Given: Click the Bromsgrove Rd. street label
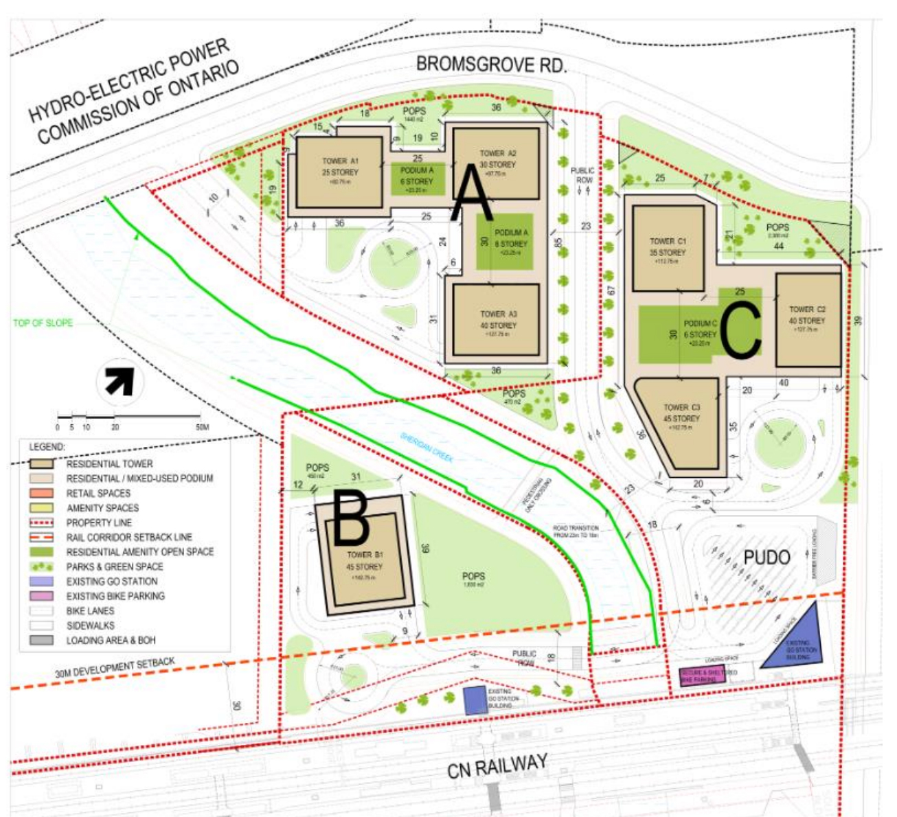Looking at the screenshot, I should click(x=491, y=65).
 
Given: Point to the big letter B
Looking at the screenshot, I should click(x=352, y=519).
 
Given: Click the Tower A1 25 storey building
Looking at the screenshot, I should click(x=339, y=172).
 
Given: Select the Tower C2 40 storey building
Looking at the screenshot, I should click(x=808, y=319).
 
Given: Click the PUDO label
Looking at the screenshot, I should click(x=767, y=557).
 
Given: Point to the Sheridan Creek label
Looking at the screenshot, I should click(x=427, y=447).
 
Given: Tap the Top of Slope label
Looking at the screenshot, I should click(x=43, y=323).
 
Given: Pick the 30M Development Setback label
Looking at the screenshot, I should click(x=115, y=668).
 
